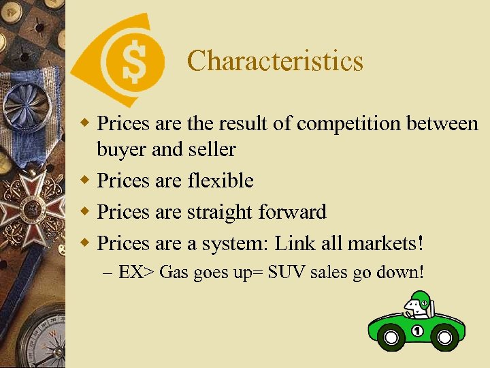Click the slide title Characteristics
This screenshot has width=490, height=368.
coord(275,61)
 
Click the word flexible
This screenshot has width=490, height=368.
coord(219,181)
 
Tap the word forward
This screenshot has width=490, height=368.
coord(293,212)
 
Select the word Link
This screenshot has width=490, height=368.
coord(296,243)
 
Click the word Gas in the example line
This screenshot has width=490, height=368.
coord(174,273)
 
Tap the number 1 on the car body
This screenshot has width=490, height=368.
coord(417,331)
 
